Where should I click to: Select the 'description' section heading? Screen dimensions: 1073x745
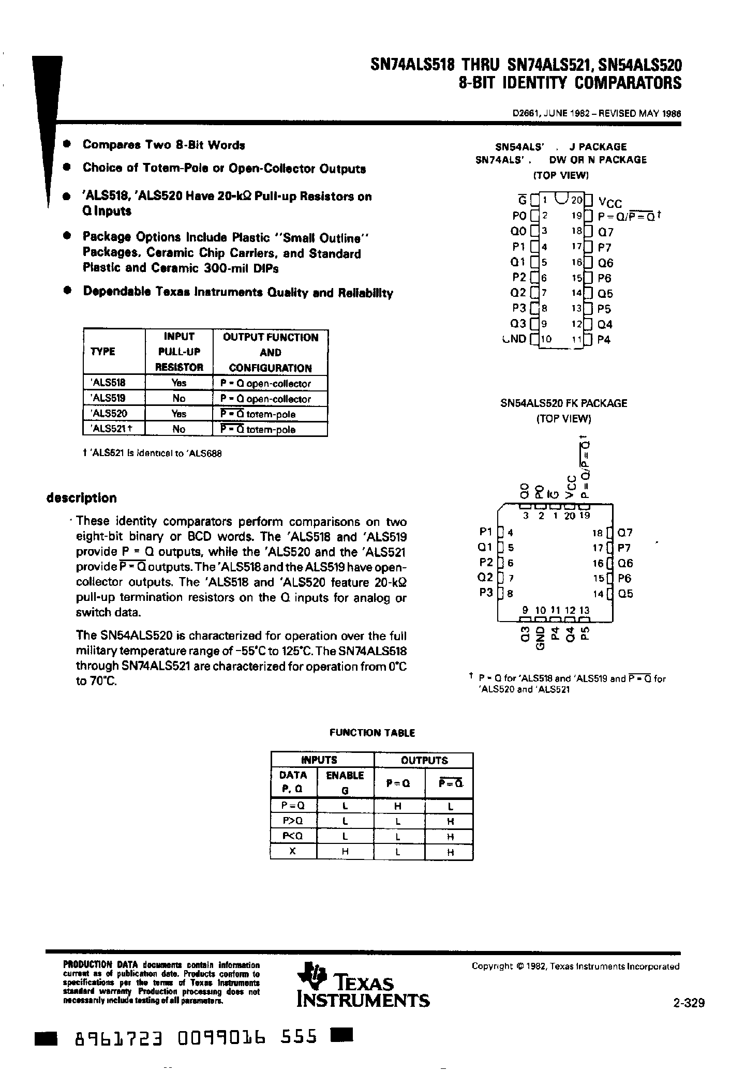[x=81, y=498]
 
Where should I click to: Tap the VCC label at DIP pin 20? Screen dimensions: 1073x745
[x=610, y=203]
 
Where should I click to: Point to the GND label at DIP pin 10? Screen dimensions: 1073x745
[x=514, y=339]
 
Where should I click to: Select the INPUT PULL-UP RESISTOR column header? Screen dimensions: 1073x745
[x=179, y=352]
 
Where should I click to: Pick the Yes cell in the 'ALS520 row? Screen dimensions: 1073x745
[x=178, y=414]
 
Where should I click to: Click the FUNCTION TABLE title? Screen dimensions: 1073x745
[x=372, y=733]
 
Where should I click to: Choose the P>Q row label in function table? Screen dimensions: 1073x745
[x=293, y=821]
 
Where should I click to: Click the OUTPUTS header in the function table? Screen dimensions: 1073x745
[x=424, y=760]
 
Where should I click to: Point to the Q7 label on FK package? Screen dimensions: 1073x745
[x=625, y=533]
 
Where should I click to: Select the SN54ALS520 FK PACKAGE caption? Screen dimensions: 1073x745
[x=563, y=403]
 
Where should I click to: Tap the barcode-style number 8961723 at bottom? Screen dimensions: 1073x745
[x=120, y=1038]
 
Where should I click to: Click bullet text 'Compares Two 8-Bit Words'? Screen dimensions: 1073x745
[x=163, y=145]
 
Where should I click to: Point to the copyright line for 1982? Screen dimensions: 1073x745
[x=575, y=966]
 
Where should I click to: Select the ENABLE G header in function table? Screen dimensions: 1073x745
[x=345, y=782]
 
